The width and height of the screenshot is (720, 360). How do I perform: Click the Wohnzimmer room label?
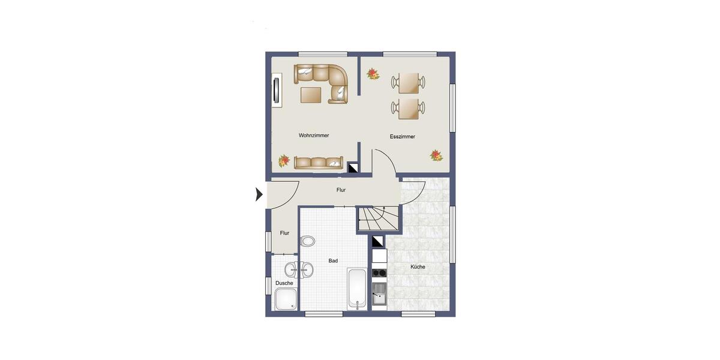[x=314, y=136]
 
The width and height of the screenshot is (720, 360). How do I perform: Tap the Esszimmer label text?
[x=402, y=137]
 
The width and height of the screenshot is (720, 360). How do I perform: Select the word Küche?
[x=418, y=266]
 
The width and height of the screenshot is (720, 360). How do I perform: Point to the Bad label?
[x=333, y=261]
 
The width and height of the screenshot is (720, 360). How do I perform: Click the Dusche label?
[x=284, y=283]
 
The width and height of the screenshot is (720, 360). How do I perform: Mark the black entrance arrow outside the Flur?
[x=259, y=194]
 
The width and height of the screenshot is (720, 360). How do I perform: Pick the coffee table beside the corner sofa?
[x=311, y=95]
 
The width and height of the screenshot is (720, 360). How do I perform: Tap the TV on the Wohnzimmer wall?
[x=276, y=91]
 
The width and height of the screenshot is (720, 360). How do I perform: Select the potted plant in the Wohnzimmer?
[x=284, y=161]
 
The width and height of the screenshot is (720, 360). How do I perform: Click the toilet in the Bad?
[x=308, y=241]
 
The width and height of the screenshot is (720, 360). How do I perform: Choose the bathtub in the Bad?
[x=356, y=289]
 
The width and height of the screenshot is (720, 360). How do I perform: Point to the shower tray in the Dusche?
[x=285, y=299]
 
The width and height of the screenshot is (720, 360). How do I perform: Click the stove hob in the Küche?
[x=379, y=273]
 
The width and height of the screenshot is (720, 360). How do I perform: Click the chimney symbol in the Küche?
[x=378, y=241]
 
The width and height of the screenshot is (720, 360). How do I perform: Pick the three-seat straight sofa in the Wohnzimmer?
[x=318, y=162]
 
